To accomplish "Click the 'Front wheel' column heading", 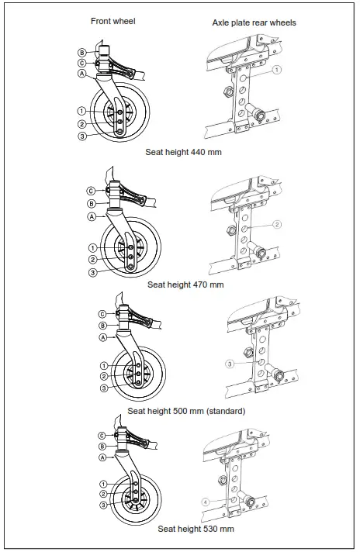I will [x=113, y=21].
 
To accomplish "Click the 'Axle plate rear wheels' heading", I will [x=254, y=22].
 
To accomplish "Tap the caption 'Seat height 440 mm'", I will [x=183, y=152].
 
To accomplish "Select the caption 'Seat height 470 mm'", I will [x=185, y=285].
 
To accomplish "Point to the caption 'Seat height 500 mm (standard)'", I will [x=186, y=411].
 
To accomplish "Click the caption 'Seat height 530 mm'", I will [x=196, y=529].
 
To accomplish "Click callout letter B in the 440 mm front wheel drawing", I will [x=81, y=52].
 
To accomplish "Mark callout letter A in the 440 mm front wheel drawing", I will [x=81, y=74].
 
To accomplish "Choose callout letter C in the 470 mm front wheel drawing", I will [x=91, y=191].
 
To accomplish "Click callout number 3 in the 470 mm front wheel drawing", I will [x=92, y=272].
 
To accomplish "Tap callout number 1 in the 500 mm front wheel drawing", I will [x=103, y=365].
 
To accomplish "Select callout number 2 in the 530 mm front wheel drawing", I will [x=102, y=494].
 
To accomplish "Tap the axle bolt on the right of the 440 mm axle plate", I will [x=258, y=116].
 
